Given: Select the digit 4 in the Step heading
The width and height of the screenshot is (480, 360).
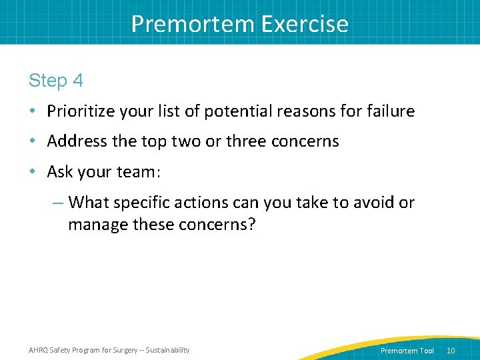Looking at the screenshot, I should tap(78, 81).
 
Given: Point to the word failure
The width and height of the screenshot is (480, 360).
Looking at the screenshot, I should tap(388, 111).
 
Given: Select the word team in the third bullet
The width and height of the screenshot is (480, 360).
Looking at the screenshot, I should tap(134, 172).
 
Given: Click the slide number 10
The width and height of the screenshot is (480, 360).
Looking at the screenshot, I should tap(451, 351).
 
